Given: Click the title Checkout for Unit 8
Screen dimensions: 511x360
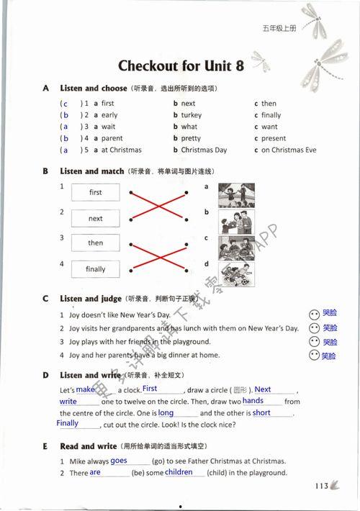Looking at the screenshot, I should (181, 66).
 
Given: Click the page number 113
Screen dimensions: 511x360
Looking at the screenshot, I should (322, 487).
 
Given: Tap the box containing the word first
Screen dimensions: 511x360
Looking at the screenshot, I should (96, 193).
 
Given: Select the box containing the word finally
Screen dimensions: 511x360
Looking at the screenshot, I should (96, 269).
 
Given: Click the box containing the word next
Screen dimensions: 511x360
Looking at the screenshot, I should (96, 219).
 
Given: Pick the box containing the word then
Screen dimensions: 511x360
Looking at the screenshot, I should (96, 243).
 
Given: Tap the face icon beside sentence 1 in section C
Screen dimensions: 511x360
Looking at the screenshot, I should (313, 315).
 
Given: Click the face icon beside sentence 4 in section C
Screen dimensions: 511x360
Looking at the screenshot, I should (313, 356).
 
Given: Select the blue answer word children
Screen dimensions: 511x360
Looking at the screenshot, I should (179, 472).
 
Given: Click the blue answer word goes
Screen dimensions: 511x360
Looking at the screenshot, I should (119, 461).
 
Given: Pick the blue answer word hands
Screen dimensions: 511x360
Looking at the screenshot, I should (253, 401).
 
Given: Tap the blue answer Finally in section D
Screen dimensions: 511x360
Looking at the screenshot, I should (68, 424).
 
